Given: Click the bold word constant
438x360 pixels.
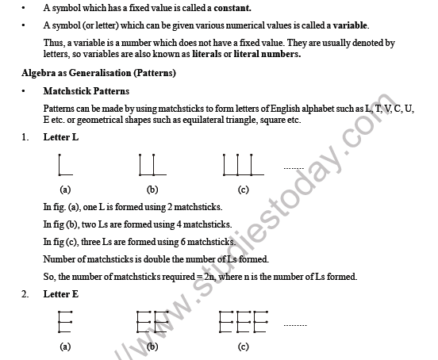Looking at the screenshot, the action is [x=229, y=8].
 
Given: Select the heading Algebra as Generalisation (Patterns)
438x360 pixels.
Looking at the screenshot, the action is [x=99, y=73].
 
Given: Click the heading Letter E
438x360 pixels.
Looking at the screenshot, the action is [x=61, y=295].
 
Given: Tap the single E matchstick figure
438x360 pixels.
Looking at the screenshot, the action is [x=63, y=322].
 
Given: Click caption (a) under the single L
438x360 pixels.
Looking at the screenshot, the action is [x=65, y=190].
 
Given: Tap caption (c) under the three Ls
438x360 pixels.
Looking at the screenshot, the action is [x=244, y=190].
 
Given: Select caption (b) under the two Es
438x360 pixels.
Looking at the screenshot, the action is [x=152, y=347].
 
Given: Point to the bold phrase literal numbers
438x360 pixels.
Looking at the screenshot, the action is [x=267, y=54].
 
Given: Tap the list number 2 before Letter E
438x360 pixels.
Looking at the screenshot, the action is [x=26, y=295].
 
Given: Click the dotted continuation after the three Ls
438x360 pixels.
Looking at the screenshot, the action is [x=294, y=168].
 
